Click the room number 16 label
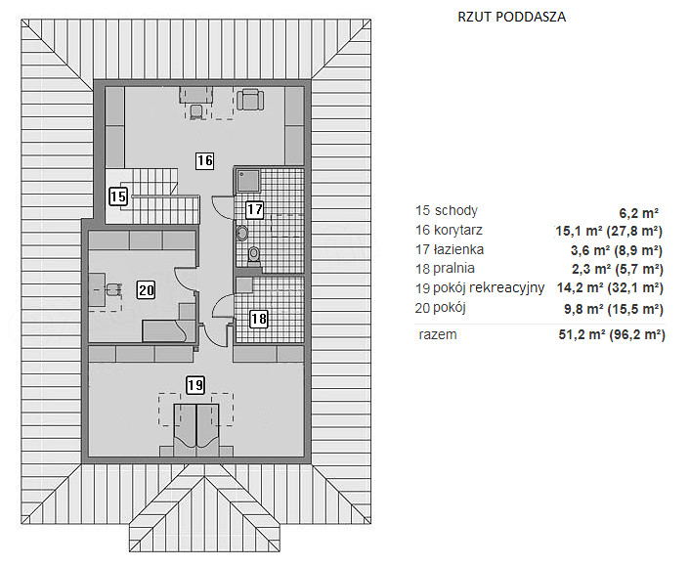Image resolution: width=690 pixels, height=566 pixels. click(x=204, y=160)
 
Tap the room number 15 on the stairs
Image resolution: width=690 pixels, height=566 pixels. click(x=118, y=196)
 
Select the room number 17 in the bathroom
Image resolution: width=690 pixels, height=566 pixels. click(x=254, y=209)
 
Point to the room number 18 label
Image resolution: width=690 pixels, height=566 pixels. click(x=258, y=319)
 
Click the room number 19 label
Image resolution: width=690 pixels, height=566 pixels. click(x=195, y=385)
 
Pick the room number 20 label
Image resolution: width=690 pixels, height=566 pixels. click(x=146, y=290)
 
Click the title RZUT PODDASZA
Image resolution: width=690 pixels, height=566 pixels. click(x=512, y=17)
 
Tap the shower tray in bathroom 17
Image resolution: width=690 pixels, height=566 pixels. click(x=248, y=181)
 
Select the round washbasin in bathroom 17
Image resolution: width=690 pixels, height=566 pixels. click(x=242, y=233)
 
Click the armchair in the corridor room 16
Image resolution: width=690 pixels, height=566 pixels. click(x=250, y=100)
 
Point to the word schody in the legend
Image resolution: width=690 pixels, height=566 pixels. click(x=455, y=211)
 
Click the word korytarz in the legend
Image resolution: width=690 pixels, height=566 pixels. click(x=458, y=230)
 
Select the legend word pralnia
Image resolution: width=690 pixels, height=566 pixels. click(x=453, y=269)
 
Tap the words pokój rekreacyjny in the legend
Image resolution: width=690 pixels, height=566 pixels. click(x=489, y=287)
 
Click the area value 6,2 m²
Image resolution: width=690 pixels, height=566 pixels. click(x=639, y=213)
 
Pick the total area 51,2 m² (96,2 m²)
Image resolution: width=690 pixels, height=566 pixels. click(x=612, y=334)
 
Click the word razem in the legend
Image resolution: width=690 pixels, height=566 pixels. click(x=438, y=335)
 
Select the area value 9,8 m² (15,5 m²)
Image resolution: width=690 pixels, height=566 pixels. click(x=614, y=309)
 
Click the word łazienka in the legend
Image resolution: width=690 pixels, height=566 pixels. click(x=459, y=249)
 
